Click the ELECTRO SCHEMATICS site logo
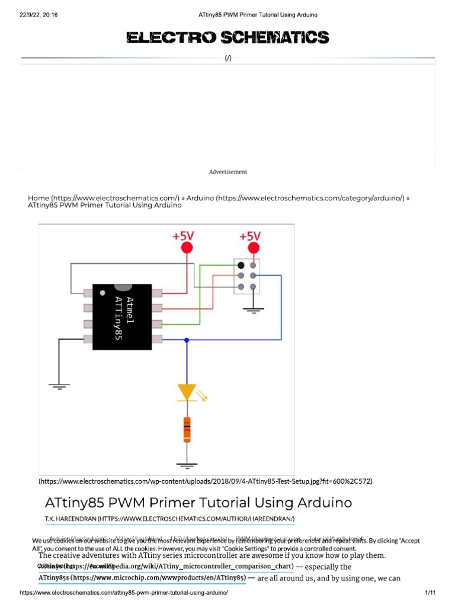click(x=227, y=38)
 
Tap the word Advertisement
click(x=227, y=172)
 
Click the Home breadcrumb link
click(x=39, y=197)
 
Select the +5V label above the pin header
click(x=254, y=236)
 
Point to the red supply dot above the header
click(x=254, y=248)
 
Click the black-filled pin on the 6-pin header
click(x=241, y=265)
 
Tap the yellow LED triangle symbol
click(x=187, y=391)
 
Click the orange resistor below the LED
click(x=187, y=429)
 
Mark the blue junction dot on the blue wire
click(x=187, y=340)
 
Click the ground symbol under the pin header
click(x=254, y=309)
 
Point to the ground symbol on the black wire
click(x=59, y=387)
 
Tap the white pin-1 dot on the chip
click(x=103, y=293)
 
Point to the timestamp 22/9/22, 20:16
click(x=35, y=14)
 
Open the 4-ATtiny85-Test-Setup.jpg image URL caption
click(x=205, y=481)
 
